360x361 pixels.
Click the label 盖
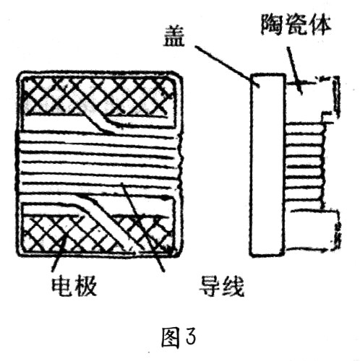[x=173, y=36]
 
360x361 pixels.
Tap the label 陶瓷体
[x=296, y=25]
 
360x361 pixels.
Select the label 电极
[x=74, y=287]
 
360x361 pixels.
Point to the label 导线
[x=221, y=287]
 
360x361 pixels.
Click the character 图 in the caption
[x=171, y=338]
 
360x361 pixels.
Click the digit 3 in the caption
[x=191, y=337]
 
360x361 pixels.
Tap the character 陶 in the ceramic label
[x=272, y=25]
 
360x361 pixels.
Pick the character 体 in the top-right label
[x=320, y=25]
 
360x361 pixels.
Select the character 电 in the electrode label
[x=61, y=287]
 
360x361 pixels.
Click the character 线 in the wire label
[x=233, y=287]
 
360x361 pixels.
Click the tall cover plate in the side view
[x=267, y=165]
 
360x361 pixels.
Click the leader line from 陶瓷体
[x=294, y=70]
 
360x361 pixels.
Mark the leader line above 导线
[x=143, y=227]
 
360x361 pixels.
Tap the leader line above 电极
[x=58, y=254]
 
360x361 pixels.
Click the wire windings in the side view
[x=305, y=166]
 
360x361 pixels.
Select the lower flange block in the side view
[x=312, y=230]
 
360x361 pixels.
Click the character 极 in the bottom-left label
[x=86, y=287]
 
